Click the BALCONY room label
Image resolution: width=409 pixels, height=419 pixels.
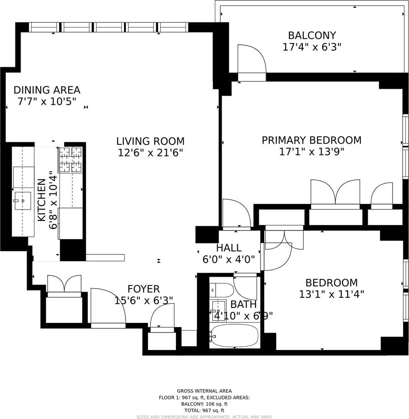(312, 35)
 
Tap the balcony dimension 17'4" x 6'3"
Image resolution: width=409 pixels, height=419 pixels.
(312, 47)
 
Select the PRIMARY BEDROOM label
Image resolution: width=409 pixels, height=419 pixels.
(311, 140)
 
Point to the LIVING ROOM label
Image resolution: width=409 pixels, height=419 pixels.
(150, 141)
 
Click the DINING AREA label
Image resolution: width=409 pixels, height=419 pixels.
(47, 90)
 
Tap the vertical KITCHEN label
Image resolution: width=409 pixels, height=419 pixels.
(42, 200)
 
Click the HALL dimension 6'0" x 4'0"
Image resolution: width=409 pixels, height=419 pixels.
(229, 259)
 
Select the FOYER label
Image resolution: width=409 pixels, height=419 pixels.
(144, 289)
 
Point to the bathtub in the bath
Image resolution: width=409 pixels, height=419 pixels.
(234, 336)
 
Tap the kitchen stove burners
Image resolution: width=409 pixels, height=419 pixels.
(71, 160)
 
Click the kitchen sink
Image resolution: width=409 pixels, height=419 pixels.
(23, 201)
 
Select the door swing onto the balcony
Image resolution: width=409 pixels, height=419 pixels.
(252, 59)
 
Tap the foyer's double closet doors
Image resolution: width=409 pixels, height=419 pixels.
(64, 284)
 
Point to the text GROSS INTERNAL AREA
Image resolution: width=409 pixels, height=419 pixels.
(204, 391)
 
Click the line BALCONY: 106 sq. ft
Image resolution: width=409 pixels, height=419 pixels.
(204, 404)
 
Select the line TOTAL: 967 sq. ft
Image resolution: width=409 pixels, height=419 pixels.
(204, 410)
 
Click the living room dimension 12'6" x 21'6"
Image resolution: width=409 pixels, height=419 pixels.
(150, 153)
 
